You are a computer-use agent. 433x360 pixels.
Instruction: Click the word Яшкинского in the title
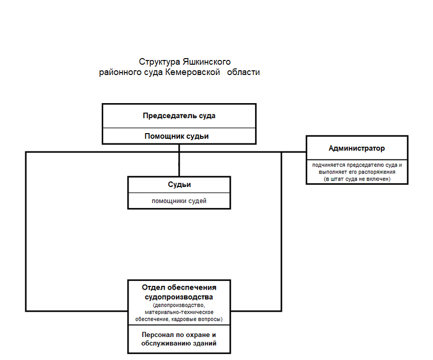(206, 62)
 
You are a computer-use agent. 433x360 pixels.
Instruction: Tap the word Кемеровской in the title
(192, 72)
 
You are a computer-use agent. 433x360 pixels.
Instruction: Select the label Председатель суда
(179, 116)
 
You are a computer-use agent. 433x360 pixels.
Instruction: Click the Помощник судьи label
(176, 136)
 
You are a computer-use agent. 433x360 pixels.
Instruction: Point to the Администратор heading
(357, 149)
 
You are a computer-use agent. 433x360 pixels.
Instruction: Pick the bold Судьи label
(179, 185)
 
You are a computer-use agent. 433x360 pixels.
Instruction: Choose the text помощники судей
(179, 201)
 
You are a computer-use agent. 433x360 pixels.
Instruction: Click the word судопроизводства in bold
(179, 297)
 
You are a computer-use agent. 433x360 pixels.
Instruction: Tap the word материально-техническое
(179, 312)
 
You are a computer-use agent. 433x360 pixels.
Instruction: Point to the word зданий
(205, 344)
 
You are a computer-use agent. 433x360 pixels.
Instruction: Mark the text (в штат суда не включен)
(357, 179)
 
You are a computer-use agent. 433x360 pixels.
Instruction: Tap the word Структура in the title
(160, 62)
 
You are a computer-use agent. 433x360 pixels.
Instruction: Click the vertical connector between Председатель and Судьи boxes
(179, 160)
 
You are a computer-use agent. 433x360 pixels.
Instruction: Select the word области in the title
(243, 72)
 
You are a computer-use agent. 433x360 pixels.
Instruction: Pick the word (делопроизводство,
(179, 305)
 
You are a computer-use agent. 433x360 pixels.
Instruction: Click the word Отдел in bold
(153, 287)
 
